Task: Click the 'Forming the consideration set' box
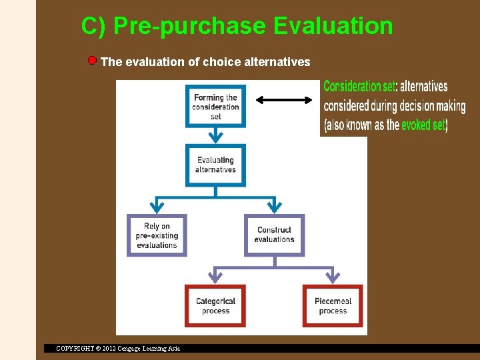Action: [215, 106]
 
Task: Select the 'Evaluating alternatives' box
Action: [215, 165]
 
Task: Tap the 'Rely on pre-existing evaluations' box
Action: [157, 235]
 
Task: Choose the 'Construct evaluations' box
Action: [274, 235]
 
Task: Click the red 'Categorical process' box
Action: [215, 306]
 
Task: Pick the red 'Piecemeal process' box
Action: [333, 306]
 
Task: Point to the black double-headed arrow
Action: [284, 100]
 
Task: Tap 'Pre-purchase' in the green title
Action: [190, 26]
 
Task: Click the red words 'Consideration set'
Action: [359, 87]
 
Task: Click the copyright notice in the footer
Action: [118, 348]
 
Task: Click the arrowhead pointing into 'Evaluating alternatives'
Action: [215, 138]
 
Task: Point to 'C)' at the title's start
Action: [94, 26]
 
